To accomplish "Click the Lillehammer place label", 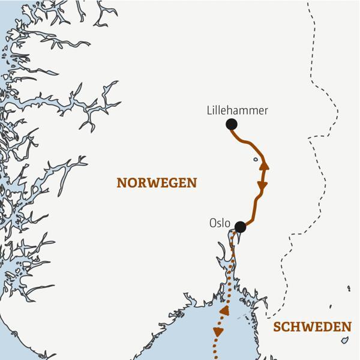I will click(x=236, y=110).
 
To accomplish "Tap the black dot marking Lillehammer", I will click(x=231, y=124).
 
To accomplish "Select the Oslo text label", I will click(x=220, y=223).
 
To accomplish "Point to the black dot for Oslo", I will click(x=240, y=227).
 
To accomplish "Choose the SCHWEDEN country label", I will click(x=311, y=327).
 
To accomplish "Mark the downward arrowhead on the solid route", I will click(x=261, y=187).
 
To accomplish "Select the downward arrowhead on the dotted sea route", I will click(x=217, y=332).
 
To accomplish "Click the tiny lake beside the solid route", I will click(x=256, y=160).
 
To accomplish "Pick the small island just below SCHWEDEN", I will click(x=345, y=341).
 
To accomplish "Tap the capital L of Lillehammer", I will click(x=209, y=110).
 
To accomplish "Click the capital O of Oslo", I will click(x=213, y=223).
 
